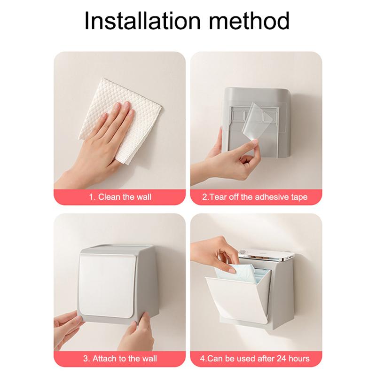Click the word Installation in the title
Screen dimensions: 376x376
pyautogui.click(x=142, y=21)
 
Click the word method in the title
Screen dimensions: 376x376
pyautogui.click(x=250, y=21)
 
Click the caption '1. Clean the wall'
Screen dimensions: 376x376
pyautogui.click(x=120, y=197)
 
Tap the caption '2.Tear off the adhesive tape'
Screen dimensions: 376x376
pyautogui.click(x=255, y=197)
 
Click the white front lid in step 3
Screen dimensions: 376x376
pyautogui.click(x=107, y=285)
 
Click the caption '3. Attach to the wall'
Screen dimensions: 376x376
pyautogui.click(x=120, y=359)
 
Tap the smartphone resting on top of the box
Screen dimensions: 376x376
pyautogui.click(x=266, y=256)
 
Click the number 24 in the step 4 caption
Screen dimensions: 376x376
pyautogui.click(x=282, y=359)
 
